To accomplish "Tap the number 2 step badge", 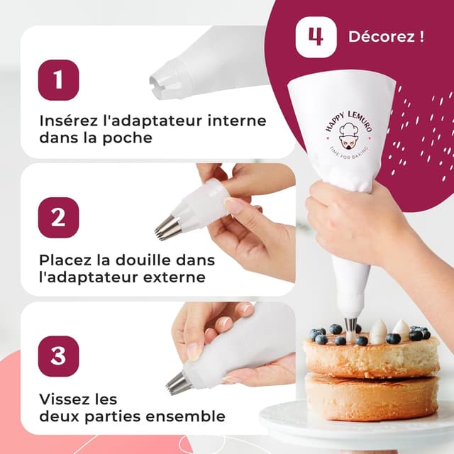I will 58,217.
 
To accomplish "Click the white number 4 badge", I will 316,36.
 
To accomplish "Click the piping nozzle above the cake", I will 350,325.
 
